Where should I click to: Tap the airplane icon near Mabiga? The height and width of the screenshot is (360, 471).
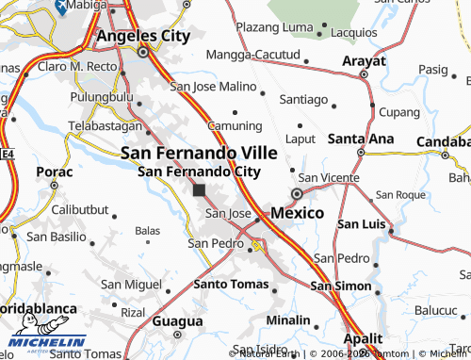click(62, 7)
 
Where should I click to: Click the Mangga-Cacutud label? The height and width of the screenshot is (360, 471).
click(252, 56)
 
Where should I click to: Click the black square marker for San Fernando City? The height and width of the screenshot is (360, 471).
click(199, 189)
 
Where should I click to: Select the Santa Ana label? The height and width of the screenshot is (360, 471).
click(361, 139)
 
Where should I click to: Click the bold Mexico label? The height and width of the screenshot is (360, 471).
click(297, 213)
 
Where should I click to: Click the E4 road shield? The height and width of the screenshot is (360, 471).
click(6, 152)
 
